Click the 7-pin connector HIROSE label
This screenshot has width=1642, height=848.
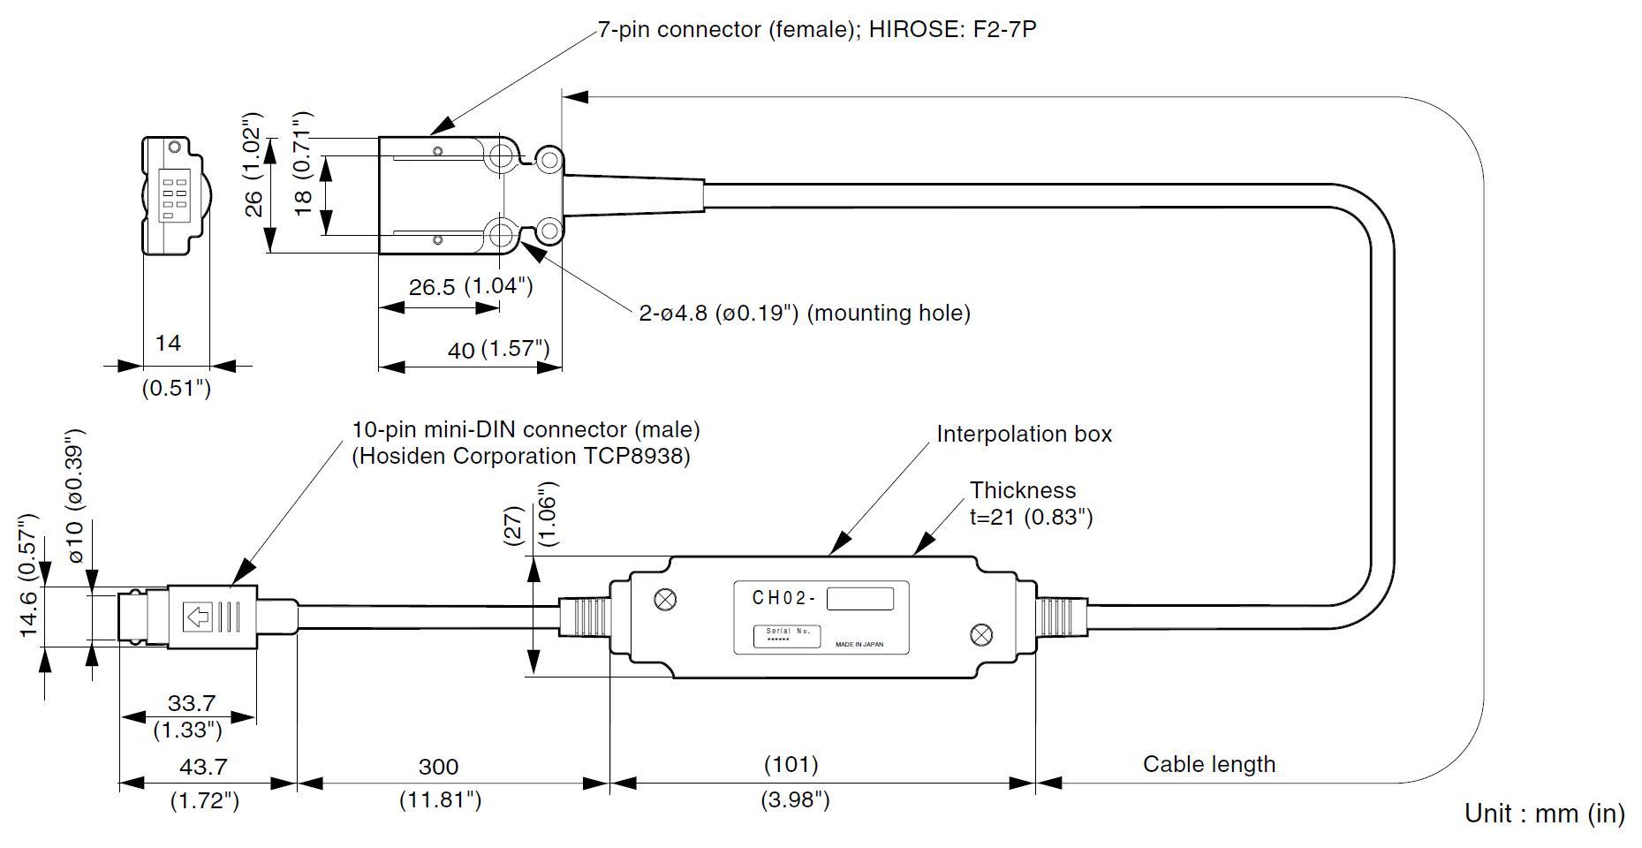pyautogui.click(x=817, y=30)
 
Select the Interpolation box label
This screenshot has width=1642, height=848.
pyautogui.click(x=1024, y=434)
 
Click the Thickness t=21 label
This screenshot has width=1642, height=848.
pyautogui.click(x=1031, y=503)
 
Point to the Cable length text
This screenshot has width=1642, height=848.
pyautogui.click(x=1208, y=764)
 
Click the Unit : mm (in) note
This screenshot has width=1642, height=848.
pyautogui.click(x=1544, y=813)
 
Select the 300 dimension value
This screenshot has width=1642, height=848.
pyautogui.click(x=438, y=766)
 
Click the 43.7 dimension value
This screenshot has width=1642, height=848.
pyautogui.click(x=204, y=766)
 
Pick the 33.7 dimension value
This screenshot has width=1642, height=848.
pyautogui.click(x=192, y=703)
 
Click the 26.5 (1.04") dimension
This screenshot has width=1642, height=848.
pyautogui.click(x=471, y=286)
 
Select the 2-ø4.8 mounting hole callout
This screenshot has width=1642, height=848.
pyautogui.click(x=804, y=313)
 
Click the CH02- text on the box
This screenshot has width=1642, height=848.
pyautogui.click(x=784, y=598)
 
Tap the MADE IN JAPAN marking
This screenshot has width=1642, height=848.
pyautogui.click(x=859, y=645)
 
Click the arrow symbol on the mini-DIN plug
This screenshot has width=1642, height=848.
pyautogui.click(x=199, y=617)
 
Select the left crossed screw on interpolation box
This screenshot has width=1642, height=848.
pyautogui.click(x=664, y=600)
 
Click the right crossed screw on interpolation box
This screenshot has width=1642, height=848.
pyautogui.click(x=980, y=634)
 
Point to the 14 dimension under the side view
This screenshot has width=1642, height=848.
pyautogui.click(x=168, y=343)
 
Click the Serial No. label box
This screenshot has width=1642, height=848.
pyautogui.click(x=787, y=635)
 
